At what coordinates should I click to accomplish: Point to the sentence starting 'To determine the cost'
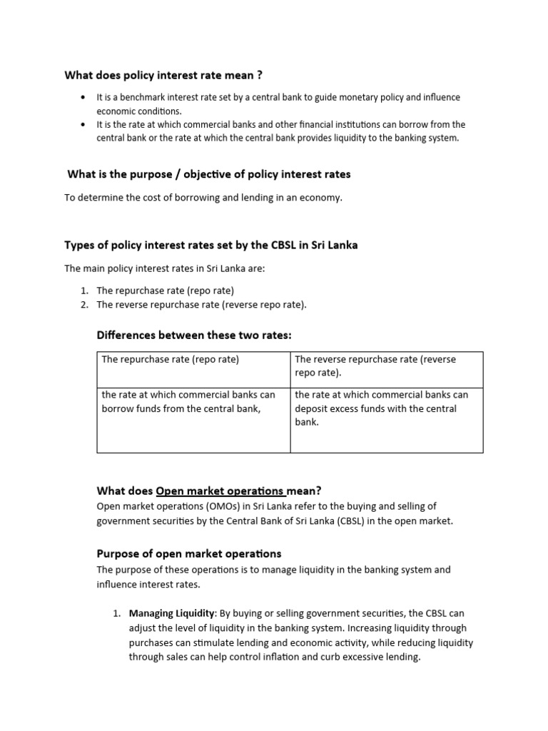pyautogui.click(x=203, y=198)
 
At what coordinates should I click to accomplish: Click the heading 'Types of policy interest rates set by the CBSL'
pyautogui.click(x=211, y=245)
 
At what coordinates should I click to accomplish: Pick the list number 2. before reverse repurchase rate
pyautogui.click(x=84, y=304)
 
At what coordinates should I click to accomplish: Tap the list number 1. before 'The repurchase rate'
pyautogui.click(x=84, y=291)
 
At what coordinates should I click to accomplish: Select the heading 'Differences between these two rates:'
pyautogui.click(x=194, y=335)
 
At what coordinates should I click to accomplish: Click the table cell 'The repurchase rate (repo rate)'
pyautogui.click(x=171, y=359)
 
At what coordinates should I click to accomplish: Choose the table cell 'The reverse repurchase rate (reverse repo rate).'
pyautogui.click(x=375, y=366)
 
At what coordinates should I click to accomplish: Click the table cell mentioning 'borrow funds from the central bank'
pyautogui.click(x=188, y=401)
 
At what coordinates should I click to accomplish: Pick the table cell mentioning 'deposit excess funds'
pyautogui.click(x=381, y=408)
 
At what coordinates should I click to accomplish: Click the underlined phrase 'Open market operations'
pyautogui.click(x=220, y=490)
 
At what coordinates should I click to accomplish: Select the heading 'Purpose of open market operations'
pyautogui.click(x=189, y=553)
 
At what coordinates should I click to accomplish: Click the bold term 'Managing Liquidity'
pyautogui.click(x=172, y=613)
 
